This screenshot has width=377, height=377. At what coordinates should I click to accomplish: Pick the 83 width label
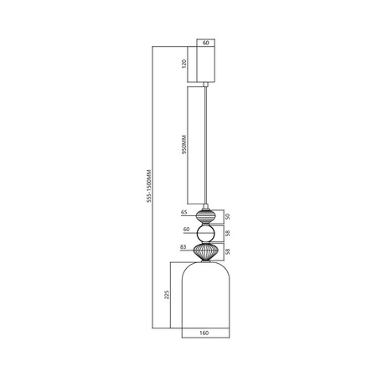[183, 248]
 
